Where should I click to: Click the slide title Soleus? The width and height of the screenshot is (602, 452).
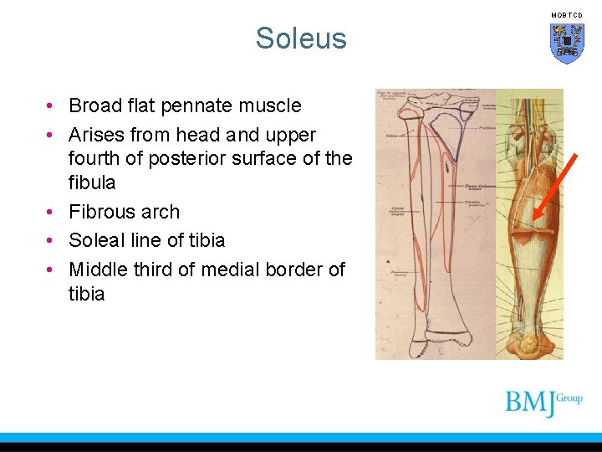[x=301, y=39]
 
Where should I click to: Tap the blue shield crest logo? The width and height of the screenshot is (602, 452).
[x=566, y=43]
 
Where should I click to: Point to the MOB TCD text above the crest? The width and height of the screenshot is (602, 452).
[x=566, y=15]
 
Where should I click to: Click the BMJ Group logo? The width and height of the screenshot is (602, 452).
[x=543, y=403]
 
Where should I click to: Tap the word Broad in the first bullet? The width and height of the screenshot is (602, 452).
[x=94, y=106]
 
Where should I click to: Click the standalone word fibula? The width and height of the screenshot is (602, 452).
[x=92, y=182]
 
